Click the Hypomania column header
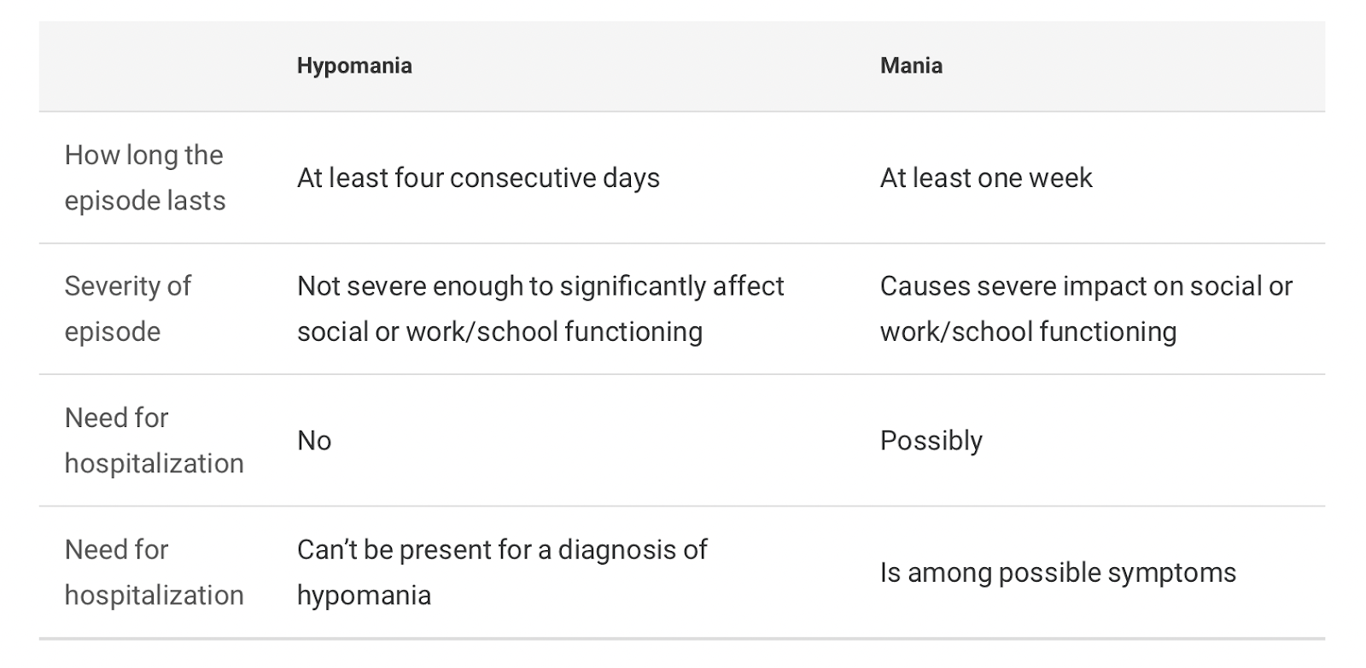(x=354, y=66)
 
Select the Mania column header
(x=911, y=65)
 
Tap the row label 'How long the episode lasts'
(x=145, y=178)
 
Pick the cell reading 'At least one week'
(x=986, y=179)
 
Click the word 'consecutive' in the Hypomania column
(x=522, y=179)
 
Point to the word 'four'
(x=418, y=179)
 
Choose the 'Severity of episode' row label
(x=128, y=308)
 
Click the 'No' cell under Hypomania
(x=314, y=441)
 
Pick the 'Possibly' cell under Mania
(x=931, y=441)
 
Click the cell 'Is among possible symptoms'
(x=1058, y=573)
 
